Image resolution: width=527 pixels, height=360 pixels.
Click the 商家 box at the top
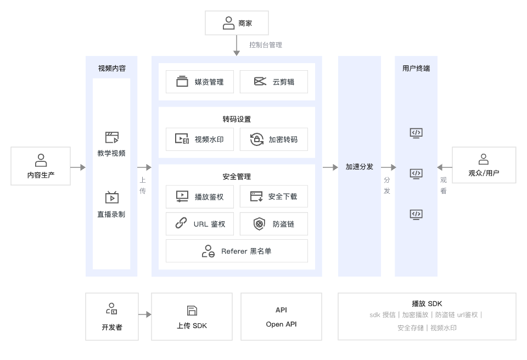point(237,23)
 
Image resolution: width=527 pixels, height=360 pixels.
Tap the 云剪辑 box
point(273,82)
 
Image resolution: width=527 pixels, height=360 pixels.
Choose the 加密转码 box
point(273,139)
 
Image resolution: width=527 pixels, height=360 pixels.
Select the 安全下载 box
point(273,196)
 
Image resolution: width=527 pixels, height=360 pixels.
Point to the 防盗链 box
point(273,224)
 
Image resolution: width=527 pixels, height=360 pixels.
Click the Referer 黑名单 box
point(237,251)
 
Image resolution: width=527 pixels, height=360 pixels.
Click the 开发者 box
point(111,316)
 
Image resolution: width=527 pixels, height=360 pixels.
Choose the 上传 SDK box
point(192,316)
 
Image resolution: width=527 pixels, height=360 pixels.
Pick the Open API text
point(281,324)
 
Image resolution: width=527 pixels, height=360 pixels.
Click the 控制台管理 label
point(265,45)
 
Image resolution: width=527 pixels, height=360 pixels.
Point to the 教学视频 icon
point(111,137)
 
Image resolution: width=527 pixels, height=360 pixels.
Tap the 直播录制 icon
point(111,198)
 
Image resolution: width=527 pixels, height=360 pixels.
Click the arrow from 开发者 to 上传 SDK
point(144,315)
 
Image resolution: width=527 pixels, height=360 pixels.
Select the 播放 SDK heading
point(427,303)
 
